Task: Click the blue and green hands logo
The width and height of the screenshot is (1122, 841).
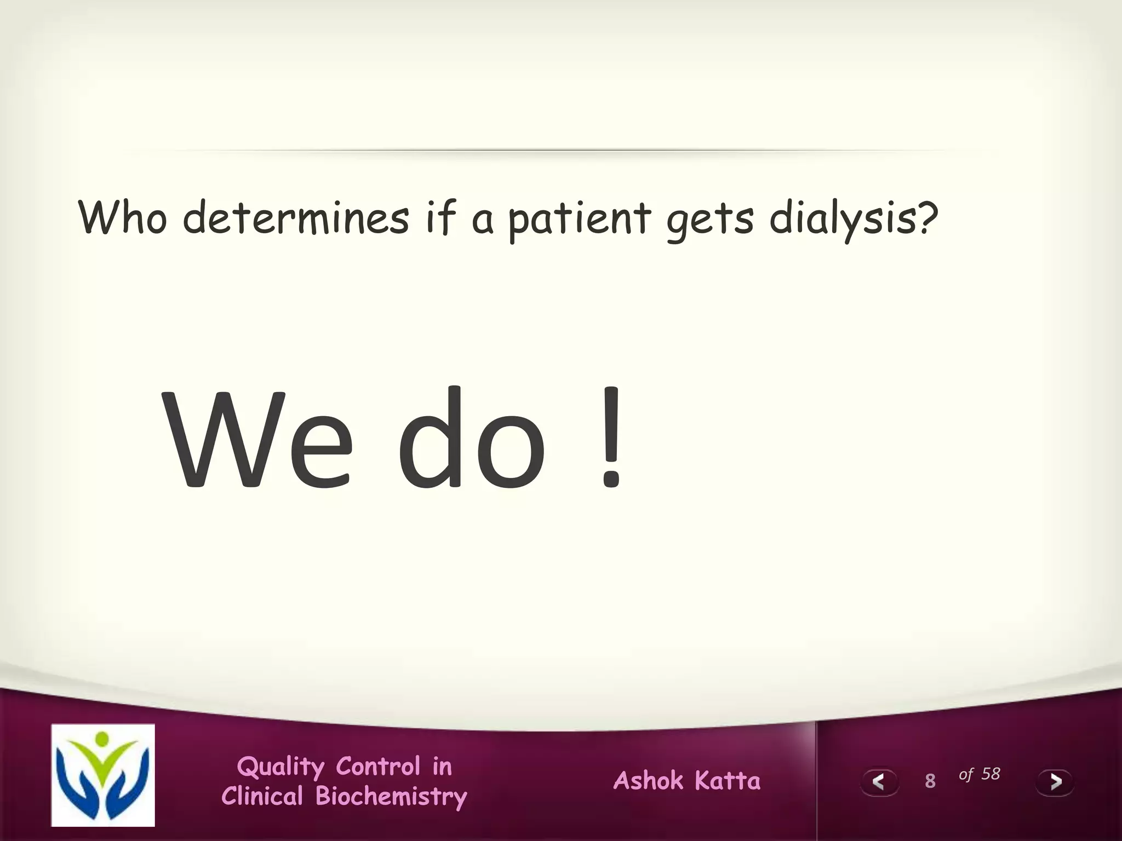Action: (103, 775)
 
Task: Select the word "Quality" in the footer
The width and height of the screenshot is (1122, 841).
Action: (280, 767)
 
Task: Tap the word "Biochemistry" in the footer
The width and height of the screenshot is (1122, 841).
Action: (391, 797)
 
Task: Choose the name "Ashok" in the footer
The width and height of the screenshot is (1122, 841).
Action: (649, 780)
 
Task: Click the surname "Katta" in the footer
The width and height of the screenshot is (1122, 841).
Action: (728, 780)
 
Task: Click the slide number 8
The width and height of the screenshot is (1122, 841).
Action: (930, 781)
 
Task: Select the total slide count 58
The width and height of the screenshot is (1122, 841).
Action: (991, 774)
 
